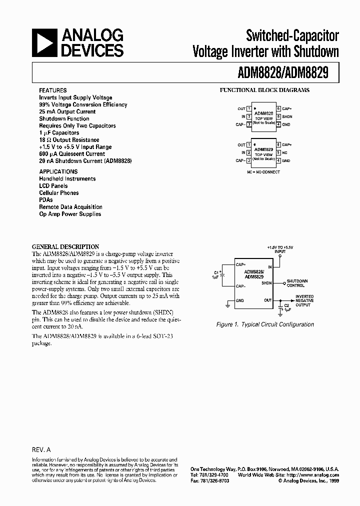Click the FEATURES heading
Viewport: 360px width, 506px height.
point(53,90)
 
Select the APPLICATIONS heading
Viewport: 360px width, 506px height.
point(58,171)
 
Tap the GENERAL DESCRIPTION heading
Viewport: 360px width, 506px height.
point(65,246)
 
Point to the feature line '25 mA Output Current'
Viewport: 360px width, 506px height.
point(67,112)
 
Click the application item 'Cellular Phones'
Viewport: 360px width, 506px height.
point(59,193)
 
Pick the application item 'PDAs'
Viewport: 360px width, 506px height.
point(46,200)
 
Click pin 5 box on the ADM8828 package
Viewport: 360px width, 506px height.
point(279,116)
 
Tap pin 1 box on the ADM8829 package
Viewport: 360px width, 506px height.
point(249,145)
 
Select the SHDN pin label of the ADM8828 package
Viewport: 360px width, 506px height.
point(287,116)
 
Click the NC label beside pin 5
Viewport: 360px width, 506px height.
point(285,152)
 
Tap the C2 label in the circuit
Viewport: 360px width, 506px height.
point(286,304)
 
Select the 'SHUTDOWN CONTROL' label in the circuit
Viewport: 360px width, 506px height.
point(297,283)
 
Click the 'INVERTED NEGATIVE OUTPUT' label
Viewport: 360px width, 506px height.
point(304,300)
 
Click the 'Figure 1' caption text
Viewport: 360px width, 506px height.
point(265,324)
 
